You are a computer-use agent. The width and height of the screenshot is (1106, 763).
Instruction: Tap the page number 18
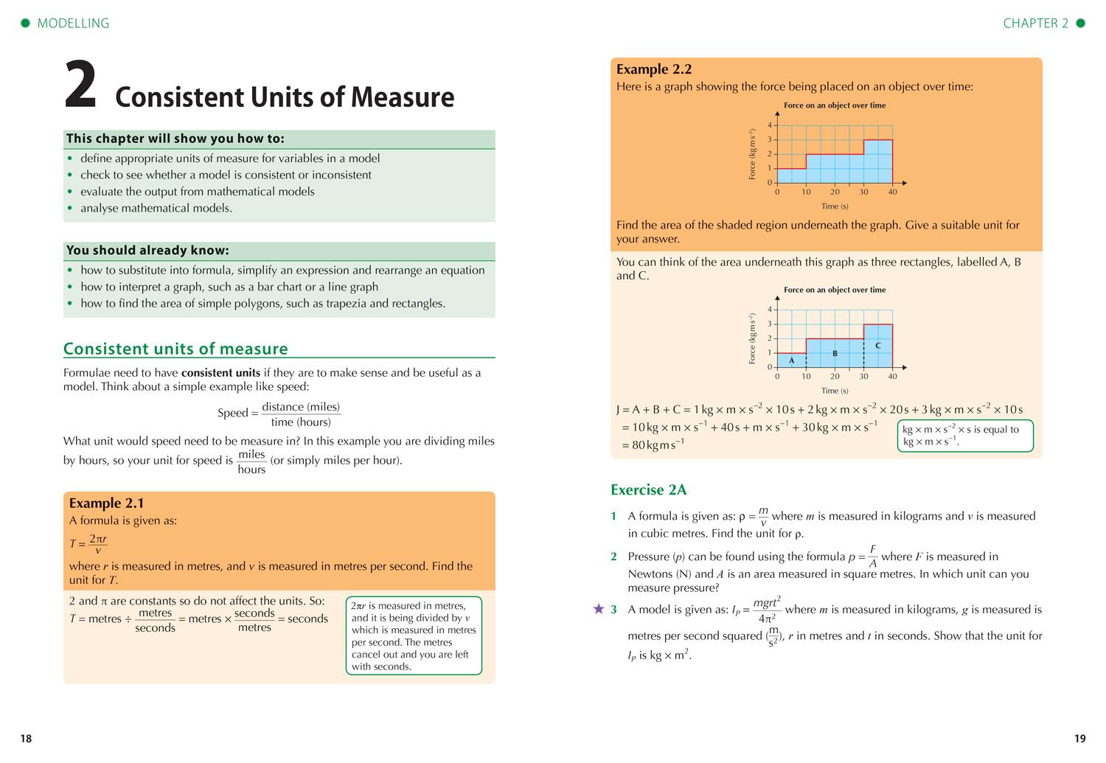(26, 739)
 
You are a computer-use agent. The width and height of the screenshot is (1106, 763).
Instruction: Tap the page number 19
(1079, 739)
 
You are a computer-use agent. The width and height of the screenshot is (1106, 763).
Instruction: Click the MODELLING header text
(73, 24)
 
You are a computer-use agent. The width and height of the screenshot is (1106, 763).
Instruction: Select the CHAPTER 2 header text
(1035, 24)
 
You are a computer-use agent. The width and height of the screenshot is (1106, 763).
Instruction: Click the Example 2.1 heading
(106, 504)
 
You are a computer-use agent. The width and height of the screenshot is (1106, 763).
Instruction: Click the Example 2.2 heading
(654, 69)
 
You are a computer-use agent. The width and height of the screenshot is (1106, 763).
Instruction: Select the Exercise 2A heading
(648, 490)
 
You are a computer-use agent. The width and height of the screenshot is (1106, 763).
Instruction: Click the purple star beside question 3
(599, 610)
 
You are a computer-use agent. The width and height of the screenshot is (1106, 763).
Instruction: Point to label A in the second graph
(792, 360)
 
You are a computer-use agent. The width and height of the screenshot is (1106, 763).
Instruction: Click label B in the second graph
(835, 354)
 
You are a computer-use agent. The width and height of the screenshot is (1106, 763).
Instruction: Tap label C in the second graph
(877, 346)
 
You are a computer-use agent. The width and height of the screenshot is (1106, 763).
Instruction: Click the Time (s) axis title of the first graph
(835, 206)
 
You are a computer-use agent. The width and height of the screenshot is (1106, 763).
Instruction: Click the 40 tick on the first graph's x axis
(892, 192)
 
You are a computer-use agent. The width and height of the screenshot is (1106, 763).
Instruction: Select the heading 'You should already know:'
(147, 251)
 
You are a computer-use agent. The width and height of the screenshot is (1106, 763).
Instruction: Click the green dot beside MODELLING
(25, 24)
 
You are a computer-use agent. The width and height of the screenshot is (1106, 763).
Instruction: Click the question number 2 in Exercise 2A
(613, 557)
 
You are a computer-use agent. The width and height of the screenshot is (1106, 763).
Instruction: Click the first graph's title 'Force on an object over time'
(835, 105)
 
